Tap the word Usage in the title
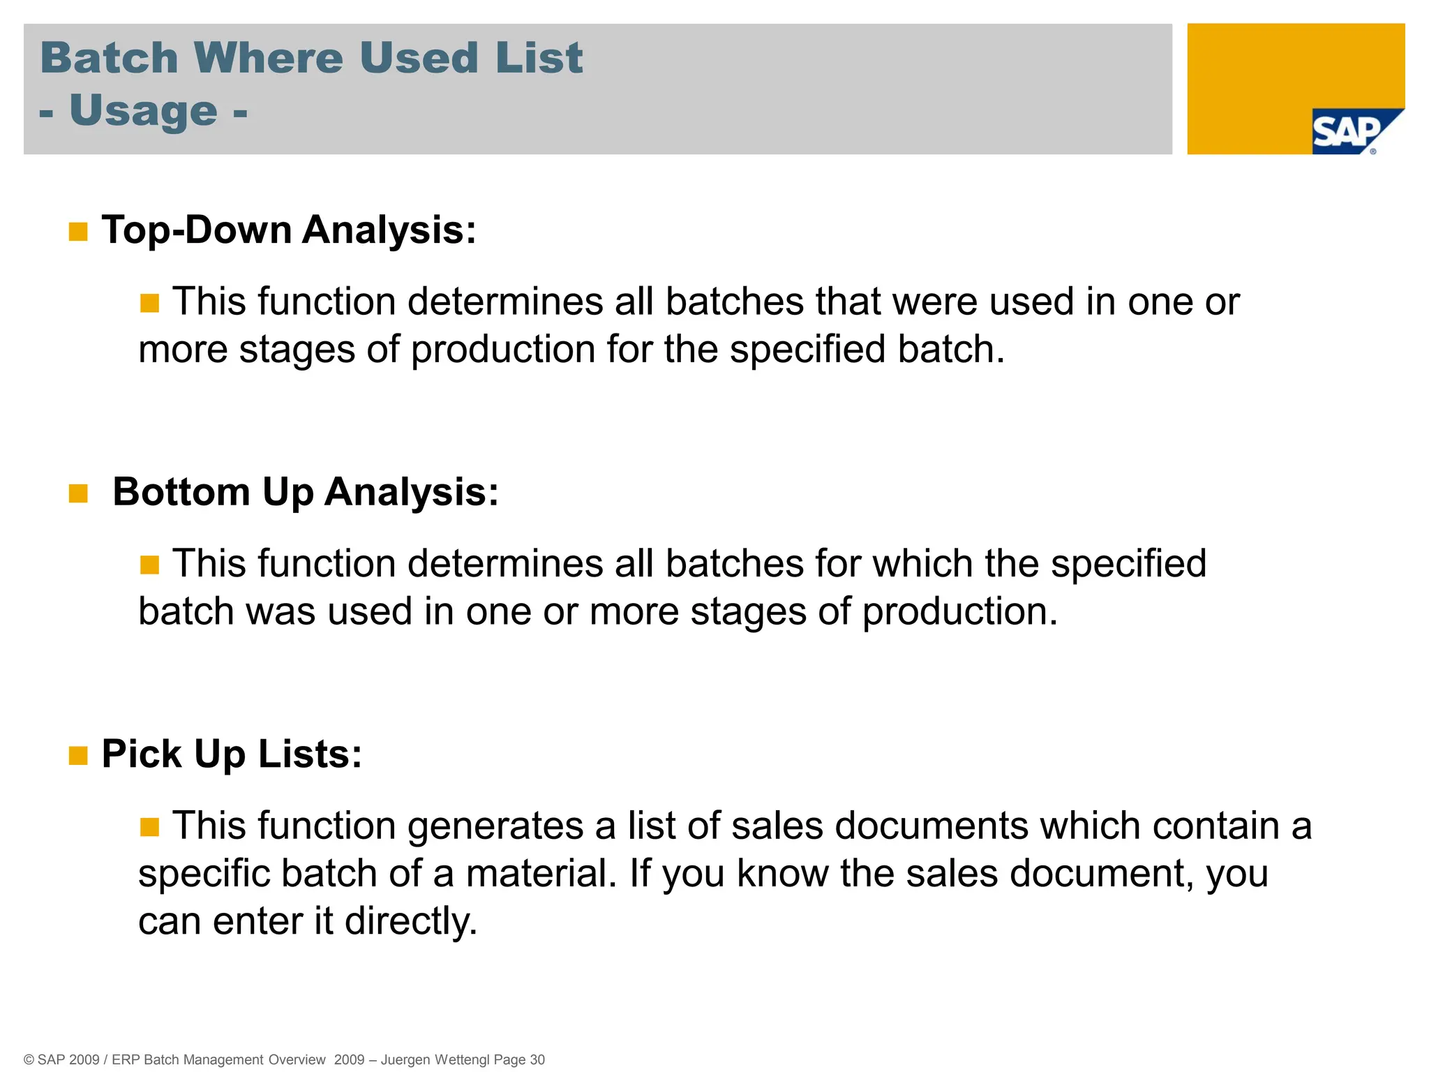144,111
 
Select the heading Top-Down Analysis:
289,230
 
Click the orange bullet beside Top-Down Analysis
78,232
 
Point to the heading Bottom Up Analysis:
306,492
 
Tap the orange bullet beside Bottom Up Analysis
78,494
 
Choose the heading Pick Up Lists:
232,754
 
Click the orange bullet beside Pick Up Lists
78,756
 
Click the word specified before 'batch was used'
1128,564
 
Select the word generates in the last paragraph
495,826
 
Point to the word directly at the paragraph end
411,921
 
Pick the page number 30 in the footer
537,1059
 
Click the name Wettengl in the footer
462,1059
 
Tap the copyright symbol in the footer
29,1059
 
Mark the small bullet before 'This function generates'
149,828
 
